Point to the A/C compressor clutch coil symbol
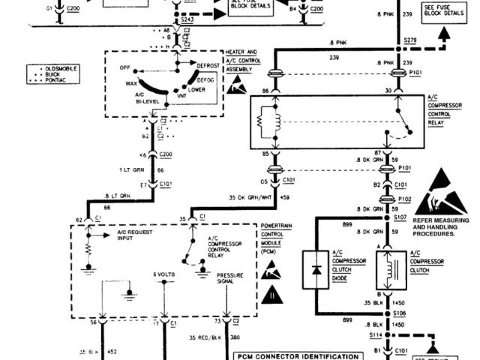[389, 270]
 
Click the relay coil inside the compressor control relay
[268, 124]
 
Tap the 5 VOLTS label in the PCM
[163, 274]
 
